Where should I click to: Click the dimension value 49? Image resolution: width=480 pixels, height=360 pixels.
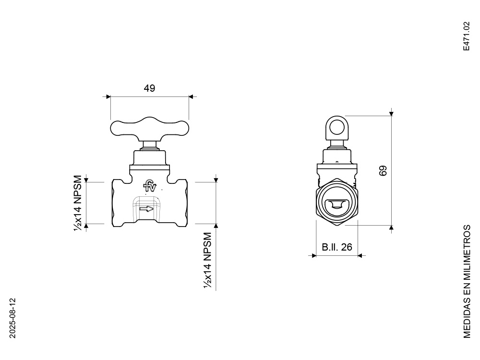[x=149, y=88]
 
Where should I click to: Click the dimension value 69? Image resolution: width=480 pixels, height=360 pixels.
[x=383, y=170]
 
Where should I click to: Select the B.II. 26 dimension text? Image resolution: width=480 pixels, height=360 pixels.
[x=337, y=247]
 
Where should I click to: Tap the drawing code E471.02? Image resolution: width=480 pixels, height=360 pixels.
[x=466, y=36]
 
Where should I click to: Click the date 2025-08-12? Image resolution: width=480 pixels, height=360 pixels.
[x=12, y=318]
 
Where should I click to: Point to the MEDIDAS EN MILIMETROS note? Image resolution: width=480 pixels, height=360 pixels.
[x=467, y=282]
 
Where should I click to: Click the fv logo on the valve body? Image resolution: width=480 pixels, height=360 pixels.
[x=150, y=185]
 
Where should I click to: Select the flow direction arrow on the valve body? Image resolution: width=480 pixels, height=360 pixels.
[x=146, y=209]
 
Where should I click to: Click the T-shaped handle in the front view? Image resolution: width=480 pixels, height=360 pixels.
[x=149, y=128]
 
